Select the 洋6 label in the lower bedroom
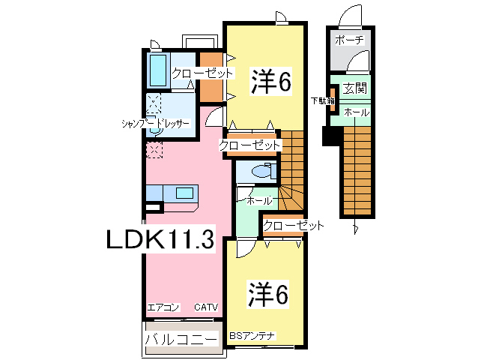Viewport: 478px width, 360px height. (x=267, y=295)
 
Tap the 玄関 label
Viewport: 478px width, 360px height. (x=355, y=88)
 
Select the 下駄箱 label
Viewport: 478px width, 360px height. (x=323, y=100)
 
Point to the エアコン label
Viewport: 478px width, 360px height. (x=163, y=307)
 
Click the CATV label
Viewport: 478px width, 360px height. (x=205, y=307)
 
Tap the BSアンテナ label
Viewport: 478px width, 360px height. (x=255, y=335)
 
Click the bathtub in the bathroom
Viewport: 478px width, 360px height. (x=157, y=70)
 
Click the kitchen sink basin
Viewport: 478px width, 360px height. (x=184, y=193)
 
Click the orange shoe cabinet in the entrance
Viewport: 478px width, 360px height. (x=333, y=98)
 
